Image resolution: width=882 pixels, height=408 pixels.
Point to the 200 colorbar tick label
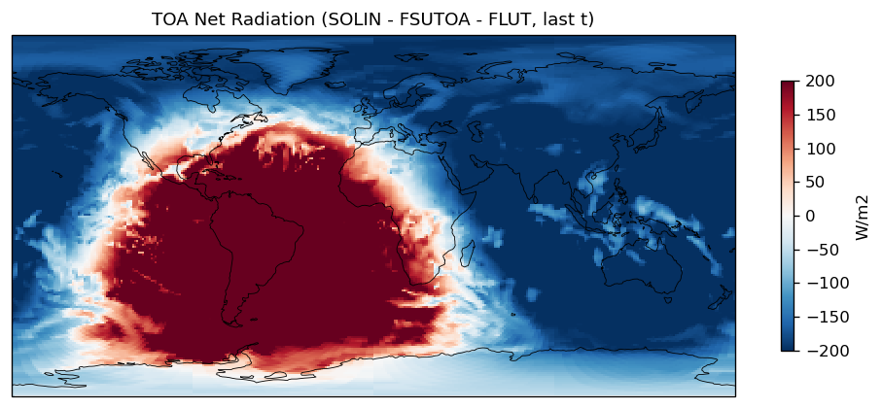(821, 82)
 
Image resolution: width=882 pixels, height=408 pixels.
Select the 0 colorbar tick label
(811, 216)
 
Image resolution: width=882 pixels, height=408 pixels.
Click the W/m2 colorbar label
(861, 216)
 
